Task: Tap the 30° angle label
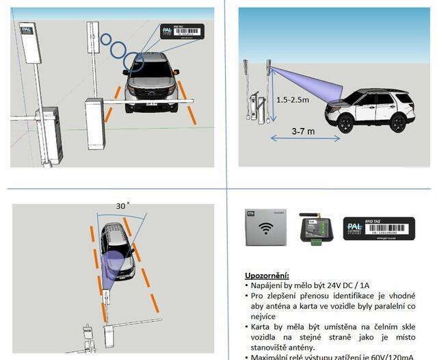(122, 205)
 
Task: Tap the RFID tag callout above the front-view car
(183, 32)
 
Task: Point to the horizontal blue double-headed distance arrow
(304, 139)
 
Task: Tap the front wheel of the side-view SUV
(346, 123)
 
